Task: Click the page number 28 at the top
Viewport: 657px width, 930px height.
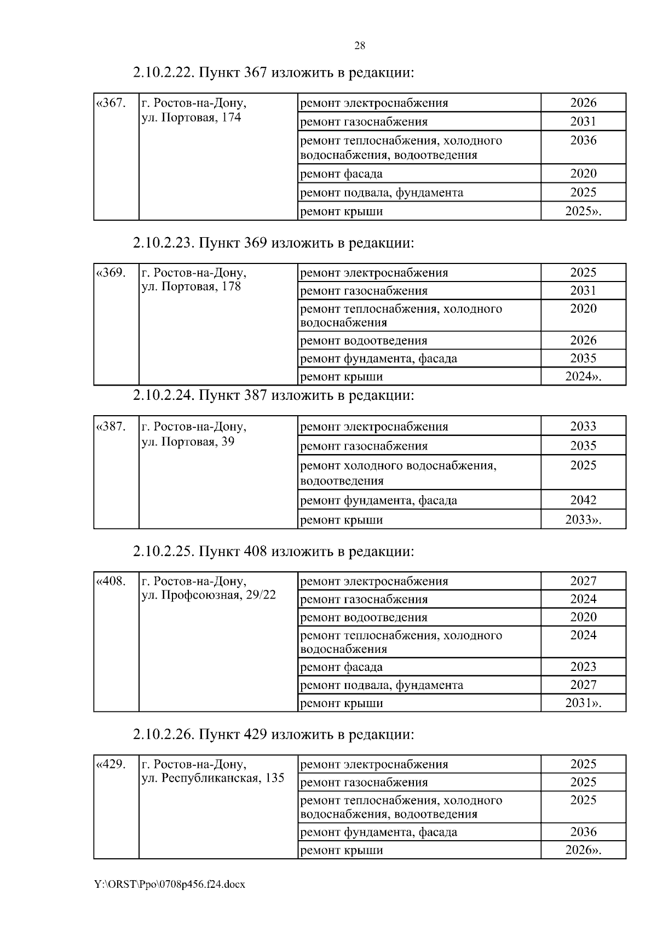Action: point(360,46)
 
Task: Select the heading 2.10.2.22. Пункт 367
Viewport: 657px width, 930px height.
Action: point(273,72)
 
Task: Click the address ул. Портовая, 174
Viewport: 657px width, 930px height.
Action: point(191,117)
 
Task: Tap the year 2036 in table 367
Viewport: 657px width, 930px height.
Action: point(583,140)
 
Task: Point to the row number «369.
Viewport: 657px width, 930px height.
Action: point(111,273)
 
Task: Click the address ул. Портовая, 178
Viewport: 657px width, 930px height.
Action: point(191,286)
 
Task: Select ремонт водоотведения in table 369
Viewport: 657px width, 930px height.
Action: point(364,341)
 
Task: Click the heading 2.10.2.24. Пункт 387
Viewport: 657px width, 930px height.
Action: point(273,395)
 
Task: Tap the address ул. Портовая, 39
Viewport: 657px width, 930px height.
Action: point(188,441)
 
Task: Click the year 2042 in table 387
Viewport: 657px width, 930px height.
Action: point(583,500)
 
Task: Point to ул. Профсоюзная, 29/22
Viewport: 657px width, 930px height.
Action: point(209,595)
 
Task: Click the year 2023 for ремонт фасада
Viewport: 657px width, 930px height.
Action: point(583,667)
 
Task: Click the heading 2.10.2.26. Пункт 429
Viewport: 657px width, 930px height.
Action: point(273,734)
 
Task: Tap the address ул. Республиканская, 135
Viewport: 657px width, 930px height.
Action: point(212,778)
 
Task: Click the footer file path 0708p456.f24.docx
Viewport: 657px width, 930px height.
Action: point(170,885)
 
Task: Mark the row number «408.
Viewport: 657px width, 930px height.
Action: point(111,581)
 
